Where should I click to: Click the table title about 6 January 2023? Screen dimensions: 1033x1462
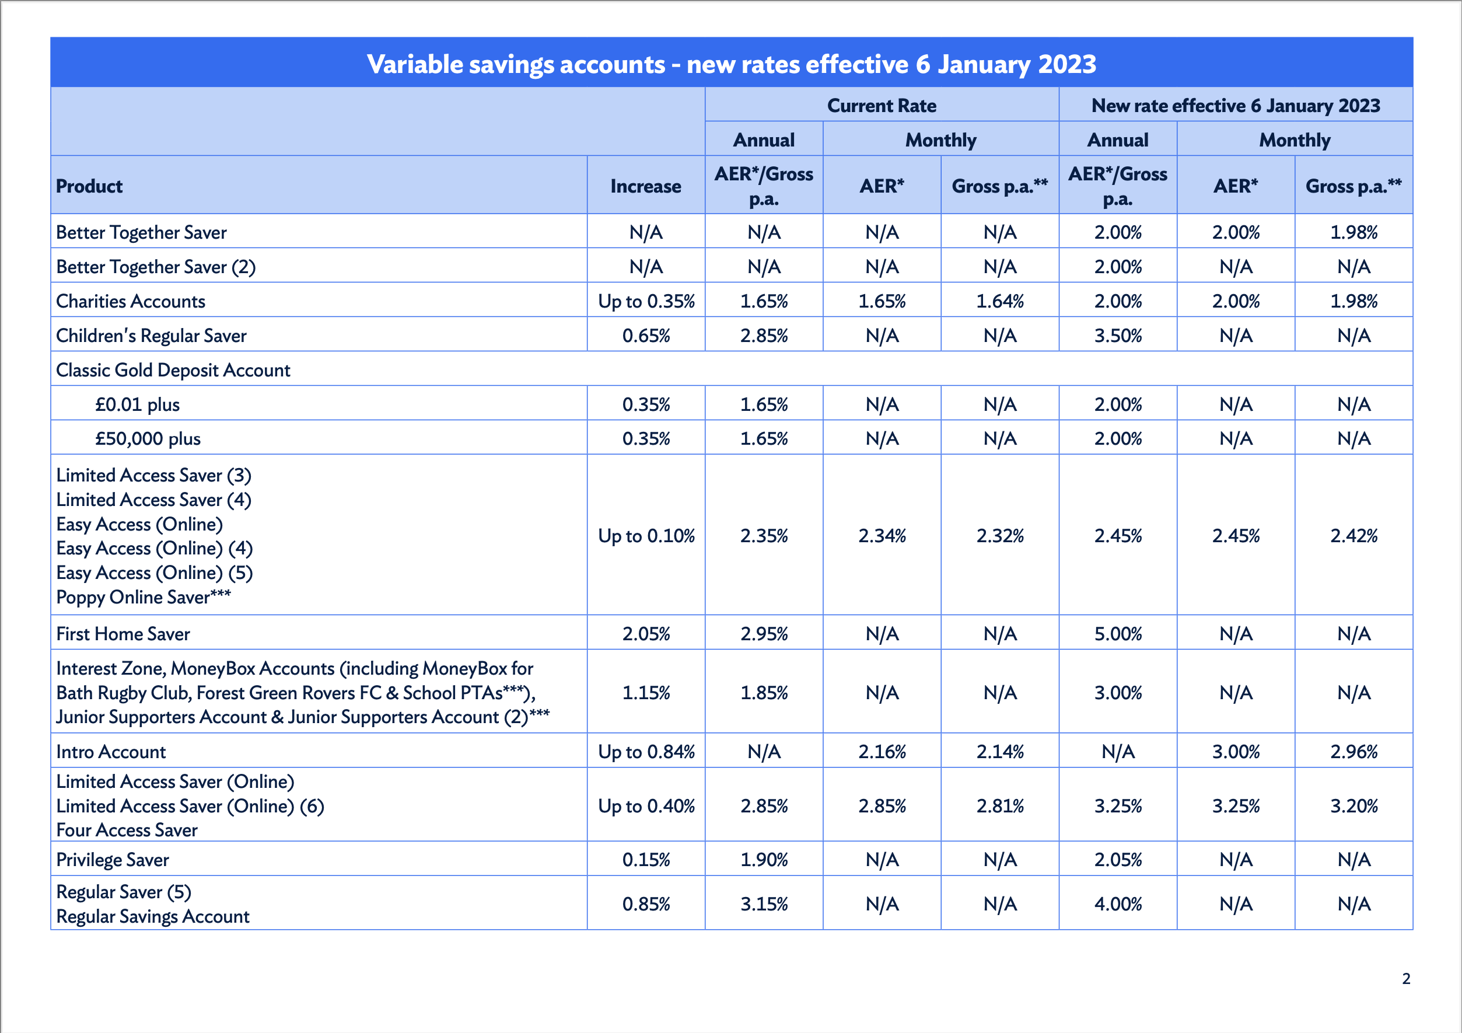point(731,64)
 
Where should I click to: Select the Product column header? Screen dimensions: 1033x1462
point(89,186)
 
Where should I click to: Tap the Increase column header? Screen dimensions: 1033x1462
point(645,186)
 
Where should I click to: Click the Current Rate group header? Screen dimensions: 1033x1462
point(882,105)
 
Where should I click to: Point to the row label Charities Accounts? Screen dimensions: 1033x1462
point(131,301)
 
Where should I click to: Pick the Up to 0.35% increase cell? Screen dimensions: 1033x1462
point(646,301)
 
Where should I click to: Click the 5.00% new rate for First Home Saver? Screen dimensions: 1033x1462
point(1118,634)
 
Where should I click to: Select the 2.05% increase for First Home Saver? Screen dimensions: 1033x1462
point(646,634)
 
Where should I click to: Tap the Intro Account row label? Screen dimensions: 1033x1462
point(111,752)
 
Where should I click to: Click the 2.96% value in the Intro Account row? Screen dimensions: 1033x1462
point(1353,752)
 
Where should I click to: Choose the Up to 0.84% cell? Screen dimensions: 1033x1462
point(646,752)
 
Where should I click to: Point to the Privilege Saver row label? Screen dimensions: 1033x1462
point(113,860)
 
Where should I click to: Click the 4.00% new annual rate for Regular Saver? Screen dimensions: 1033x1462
point(1118,903)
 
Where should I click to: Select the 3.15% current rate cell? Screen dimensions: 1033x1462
point(764,903)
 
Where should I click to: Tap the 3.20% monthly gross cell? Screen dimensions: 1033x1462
point(1353,805)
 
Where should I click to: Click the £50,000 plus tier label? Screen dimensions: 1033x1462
point(148,439)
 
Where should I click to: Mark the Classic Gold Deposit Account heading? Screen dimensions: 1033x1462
point(173,370)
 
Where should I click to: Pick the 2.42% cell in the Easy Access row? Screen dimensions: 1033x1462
point(1353,536)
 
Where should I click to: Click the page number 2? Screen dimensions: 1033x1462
point(1406,978)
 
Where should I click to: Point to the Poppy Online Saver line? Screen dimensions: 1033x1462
point(144,596)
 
